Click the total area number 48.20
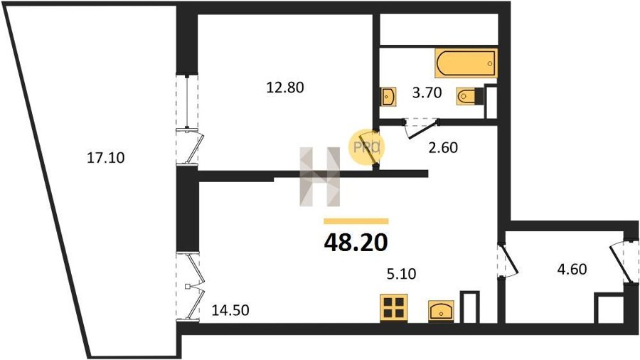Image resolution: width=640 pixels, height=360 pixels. point(356,243)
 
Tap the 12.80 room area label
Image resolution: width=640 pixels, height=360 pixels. point(285,88)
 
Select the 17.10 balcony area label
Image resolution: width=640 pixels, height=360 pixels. point(106,157)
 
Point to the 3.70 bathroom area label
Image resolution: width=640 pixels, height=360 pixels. point(427,92)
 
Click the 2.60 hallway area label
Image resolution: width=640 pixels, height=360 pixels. point(443,147)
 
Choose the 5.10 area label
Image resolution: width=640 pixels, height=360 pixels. point(401,273)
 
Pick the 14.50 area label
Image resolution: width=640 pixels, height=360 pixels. point(230,310)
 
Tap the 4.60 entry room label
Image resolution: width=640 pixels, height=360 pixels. point(572,270)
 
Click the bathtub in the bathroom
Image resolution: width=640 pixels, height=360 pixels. point(466,63)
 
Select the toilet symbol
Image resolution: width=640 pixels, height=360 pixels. point(470,97)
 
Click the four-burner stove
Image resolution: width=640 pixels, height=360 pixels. point(394,308)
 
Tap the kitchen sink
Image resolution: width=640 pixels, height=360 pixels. point(441,312)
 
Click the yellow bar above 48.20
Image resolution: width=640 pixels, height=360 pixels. point(356,222)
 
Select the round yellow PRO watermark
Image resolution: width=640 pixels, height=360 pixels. point(366,147)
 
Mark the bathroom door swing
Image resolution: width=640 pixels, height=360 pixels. point(421,128)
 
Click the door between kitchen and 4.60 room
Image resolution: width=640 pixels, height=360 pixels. point(507,260)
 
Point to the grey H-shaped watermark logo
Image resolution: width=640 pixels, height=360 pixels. point(320,176)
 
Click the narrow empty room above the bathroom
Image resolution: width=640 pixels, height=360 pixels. point(439,29)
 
